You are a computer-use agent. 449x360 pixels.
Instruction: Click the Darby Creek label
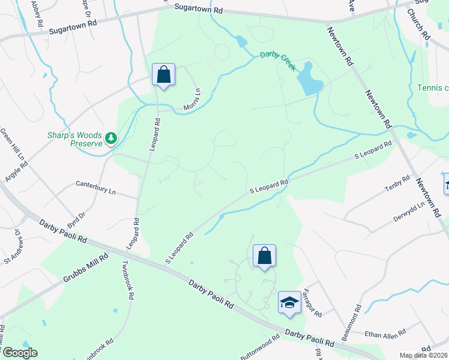click(278, 61)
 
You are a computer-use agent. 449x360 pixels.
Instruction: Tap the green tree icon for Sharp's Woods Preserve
click(110, 139)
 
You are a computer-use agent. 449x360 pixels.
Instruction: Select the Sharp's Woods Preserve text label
click(76, 139)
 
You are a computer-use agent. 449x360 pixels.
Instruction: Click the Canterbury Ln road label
click(98, 188)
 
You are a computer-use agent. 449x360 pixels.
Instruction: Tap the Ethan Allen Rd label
click(385, 331)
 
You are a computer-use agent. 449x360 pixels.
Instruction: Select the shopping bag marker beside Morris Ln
click(163, 75)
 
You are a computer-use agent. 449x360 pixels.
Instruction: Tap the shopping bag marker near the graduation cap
click(264, 256)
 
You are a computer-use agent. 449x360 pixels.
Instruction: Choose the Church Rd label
click(418, 24)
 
